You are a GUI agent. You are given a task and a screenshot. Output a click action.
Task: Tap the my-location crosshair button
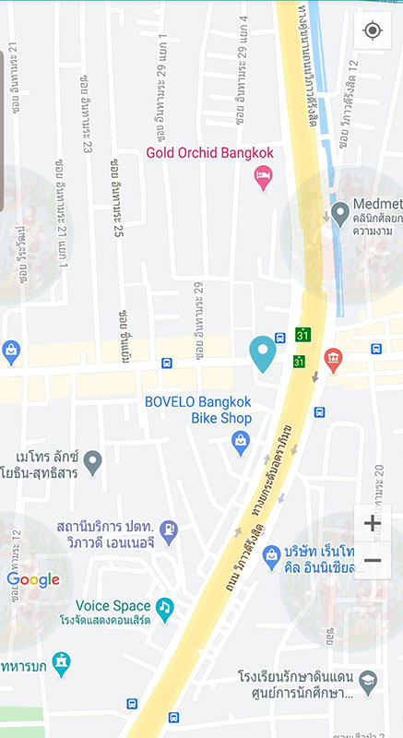tap(373, 30)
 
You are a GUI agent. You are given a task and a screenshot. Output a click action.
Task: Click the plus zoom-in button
tap(373, 524)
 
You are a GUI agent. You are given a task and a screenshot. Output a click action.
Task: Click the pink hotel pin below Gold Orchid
tap(264, 176)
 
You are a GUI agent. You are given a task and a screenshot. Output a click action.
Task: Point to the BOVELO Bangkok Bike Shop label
tap(198, 410)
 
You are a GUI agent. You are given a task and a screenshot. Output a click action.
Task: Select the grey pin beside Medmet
tap(339, 213)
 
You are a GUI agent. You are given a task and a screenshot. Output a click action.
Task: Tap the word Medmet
tap(376, 205)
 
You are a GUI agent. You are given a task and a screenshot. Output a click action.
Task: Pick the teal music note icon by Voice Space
tap(164, 607)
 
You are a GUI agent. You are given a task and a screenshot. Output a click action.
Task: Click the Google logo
tap(33, 579)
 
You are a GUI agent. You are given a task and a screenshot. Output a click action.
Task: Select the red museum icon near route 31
tap(333, 357)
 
